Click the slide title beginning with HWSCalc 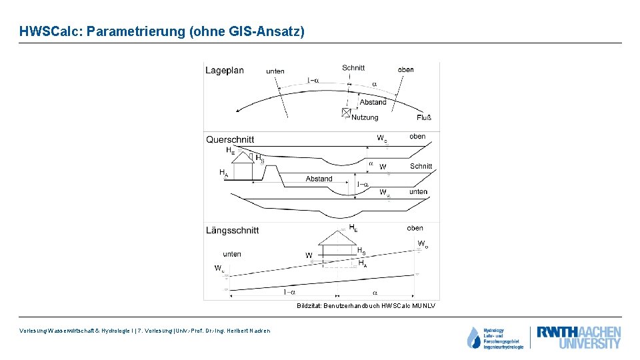[x=162, y=31]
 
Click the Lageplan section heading [x=225, y=71]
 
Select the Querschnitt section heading [x=230, y=140]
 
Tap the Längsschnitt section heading [x=233, y=230]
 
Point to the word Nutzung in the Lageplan [x=365, y=117]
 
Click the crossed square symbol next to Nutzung [x=346, y=112]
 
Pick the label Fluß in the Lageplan [x=424, y=118]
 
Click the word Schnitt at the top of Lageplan [x=353, y=67]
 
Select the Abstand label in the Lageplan [x=373, y=102]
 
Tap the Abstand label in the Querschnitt [x=319, y=179]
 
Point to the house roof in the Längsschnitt [x=339, y=237]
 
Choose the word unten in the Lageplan [x=275, y=71]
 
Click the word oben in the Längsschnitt [x=415, y=228]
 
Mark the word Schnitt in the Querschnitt [x=421, y=166]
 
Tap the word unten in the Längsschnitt [x=232, y=254]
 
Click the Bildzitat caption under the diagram [x=366, y=306]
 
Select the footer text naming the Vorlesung [x=145, y=331]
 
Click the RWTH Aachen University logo [x=579, y=337]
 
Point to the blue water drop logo [x=473, y=338]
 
